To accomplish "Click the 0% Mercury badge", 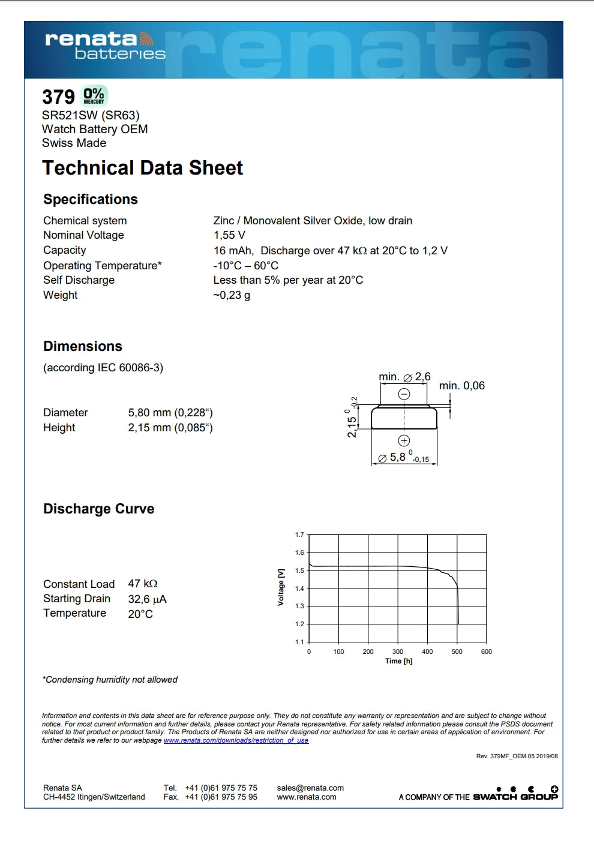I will (x=94, y=96).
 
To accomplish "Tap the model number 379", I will (x=58, y=97).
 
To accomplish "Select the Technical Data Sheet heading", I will (x=142, y=168).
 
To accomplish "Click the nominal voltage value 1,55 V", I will (x=229, y=235).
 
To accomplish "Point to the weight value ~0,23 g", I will (x=232, y=295).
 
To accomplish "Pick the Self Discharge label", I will (x=79, y=280).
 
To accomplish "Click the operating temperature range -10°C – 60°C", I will (x=246, y=265).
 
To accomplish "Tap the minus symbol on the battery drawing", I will (x=404, y=394).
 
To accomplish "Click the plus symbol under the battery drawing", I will (x=404, y=440).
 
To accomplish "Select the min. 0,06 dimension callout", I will (x=461, y=386).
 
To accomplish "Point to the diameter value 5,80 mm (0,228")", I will (x=170, y=413).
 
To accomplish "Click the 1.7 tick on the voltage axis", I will (x=299, y=534).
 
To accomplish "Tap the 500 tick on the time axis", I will (x=457, y=651).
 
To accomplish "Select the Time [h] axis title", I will (x=398, y=661).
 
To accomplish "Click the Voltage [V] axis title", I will (x=281, y=587).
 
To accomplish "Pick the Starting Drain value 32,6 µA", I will (x=147, y=599).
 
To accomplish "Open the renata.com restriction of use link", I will (x=236, y=740).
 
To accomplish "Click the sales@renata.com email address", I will (x=310, y=788).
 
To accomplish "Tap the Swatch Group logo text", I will (x=515, y=797).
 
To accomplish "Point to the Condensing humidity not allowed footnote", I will (x=110, y=680).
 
